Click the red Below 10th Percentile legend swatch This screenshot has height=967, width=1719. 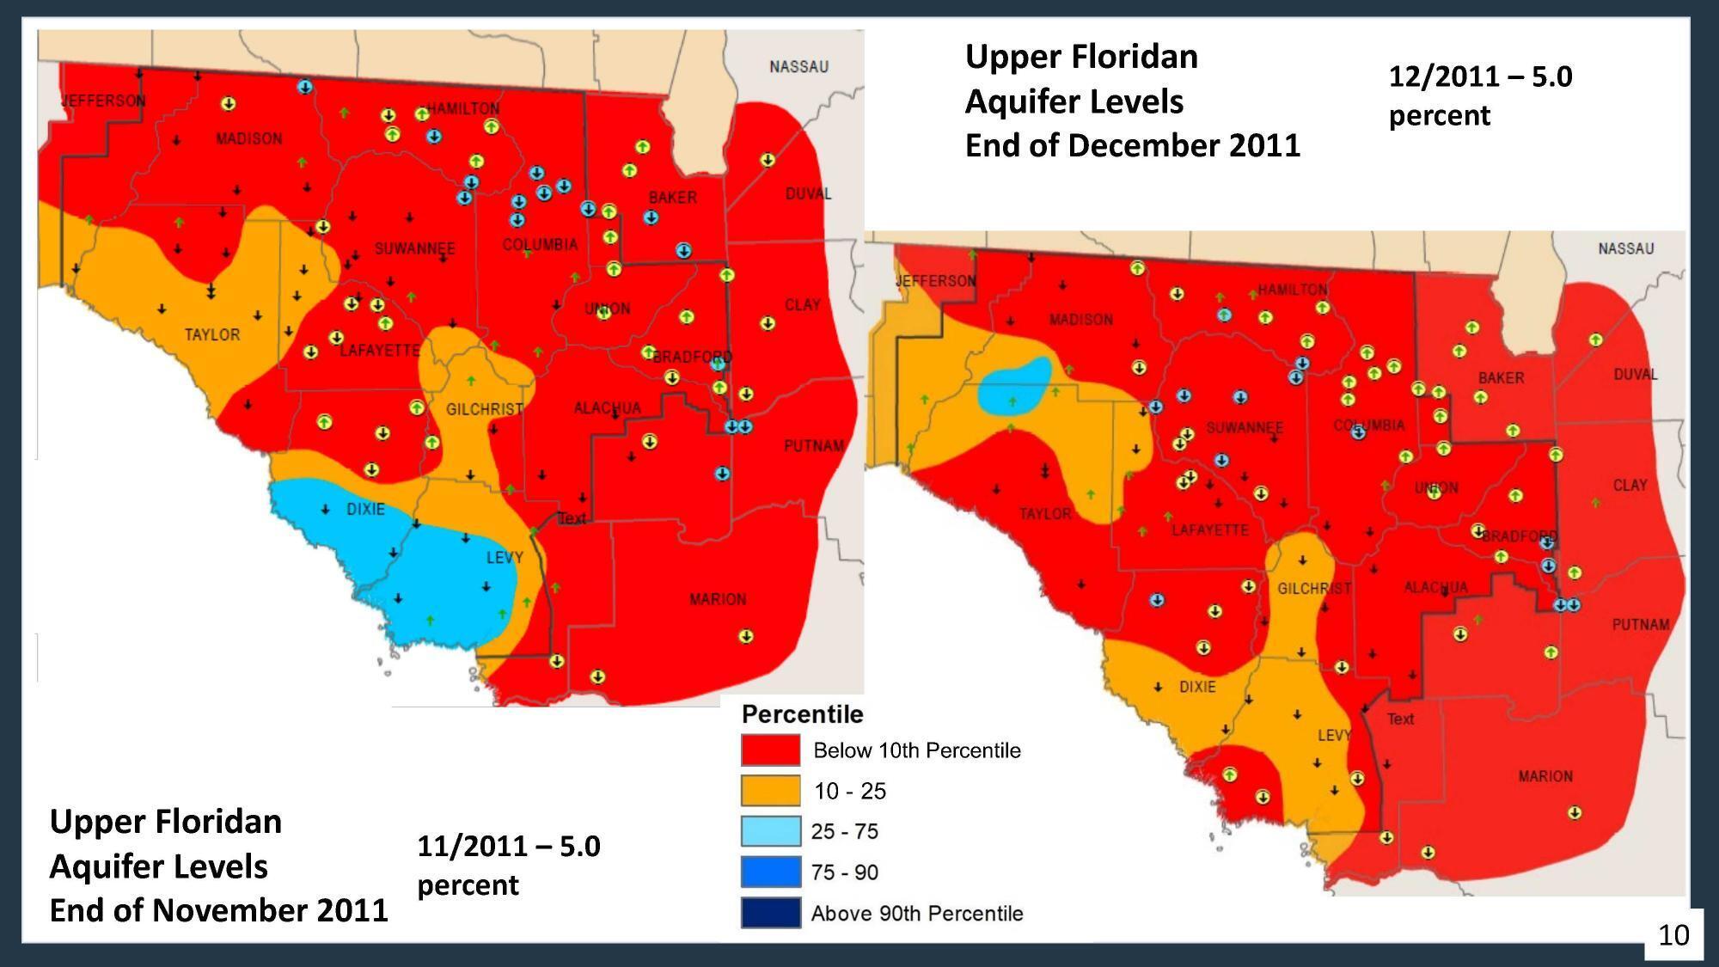(770, 750)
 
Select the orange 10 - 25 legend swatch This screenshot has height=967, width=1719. (770, 791)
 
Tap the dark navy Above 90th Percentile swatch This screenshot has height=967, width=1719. (770, 913)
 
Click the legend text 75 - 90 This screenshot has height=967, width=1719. (844, 872)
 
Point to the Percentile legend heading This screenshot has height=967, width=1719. (802, 714)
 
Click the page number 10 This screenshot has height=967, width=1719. (1673, 935)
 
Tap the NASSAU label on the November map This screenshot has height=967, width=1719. (798, 67)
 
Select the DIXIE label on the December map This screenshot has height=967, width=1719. (1197, 687)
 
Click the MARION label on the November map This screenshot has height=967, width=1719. (718, 599)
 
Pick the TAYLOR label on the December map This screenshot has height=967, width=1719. (1045, 514)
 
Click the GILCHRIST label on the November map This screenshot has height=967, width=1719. (484, 410)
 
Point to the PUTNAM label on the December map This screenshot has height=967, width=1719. (1641, 625)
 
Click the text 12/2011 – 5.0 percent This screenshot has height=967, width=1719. (1480, 95)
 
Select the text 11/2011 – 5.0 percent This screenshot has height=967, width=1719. (508, 865)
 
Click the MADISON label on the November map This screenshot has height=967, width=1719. (248, 139)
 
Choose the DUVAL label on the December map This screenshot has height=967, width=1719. (1636, 375)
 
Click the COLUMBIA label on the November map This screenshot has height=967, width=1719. (540, 245)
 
